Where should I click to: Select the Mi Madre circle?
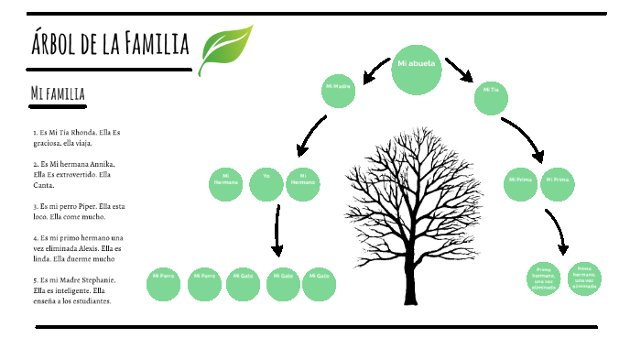[338, 89]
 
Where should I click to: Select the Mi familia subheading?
[58, 93]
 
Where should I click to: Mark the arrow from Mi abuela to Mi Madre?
[375, 67]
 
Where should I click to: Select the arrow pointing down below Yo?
[277, 230]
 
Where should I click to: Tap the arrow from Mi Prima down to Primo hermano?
[558, 233]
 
